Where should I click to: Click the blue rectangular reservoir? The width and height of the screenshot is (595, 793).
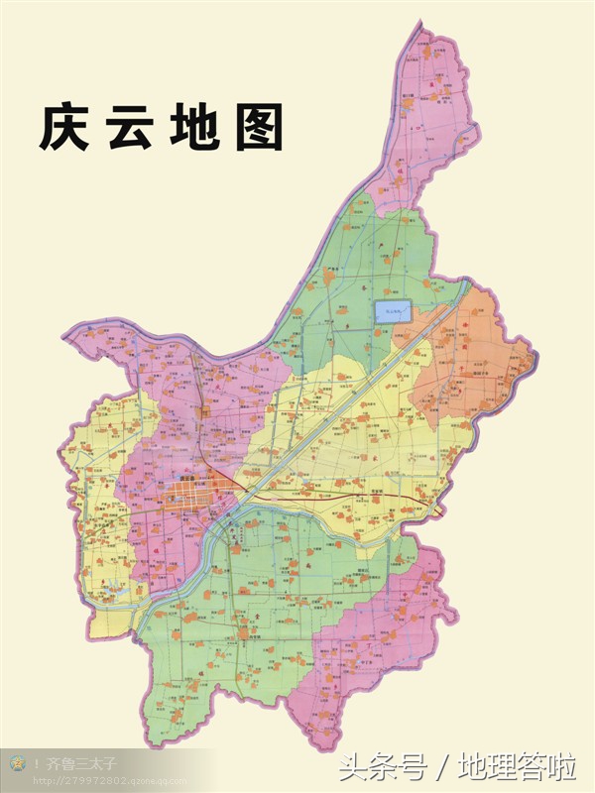tap(393, 311)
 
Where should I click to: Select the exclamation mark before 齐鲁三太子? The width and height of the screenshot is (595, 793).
tap(37, 763)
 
